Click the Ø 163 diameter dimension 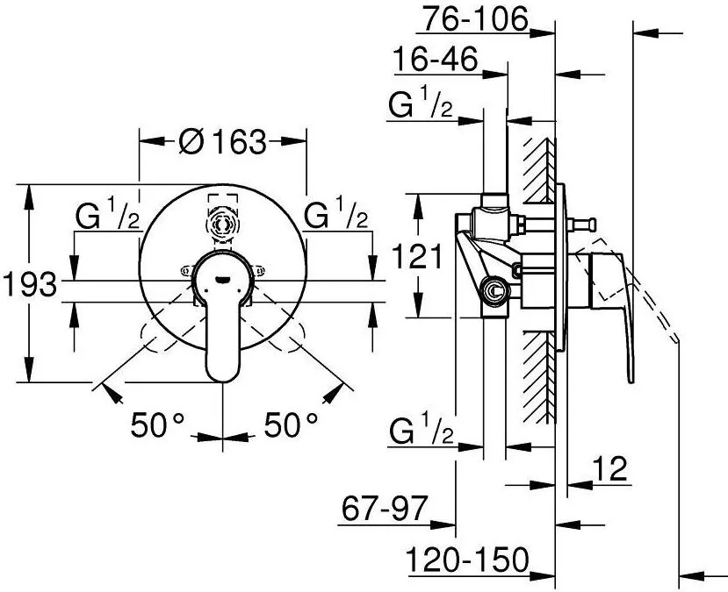click(223, 141)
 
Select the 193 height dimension click(30, 283)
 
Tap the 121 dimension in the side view click(417, 256)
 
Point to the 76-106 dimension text click(476, 19)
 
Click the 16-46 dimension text click(436, 60)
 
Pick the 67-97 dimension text click(384, 509)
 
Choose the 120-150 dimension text click(467, 560)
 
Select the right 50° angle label click(291, 424)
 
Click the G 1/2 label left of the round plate click(108, 214)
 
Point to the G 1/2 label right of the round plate click(335, 214)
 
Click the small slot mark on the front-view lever click(223, 279)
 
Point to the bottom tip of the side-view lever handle click(631, 381)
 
